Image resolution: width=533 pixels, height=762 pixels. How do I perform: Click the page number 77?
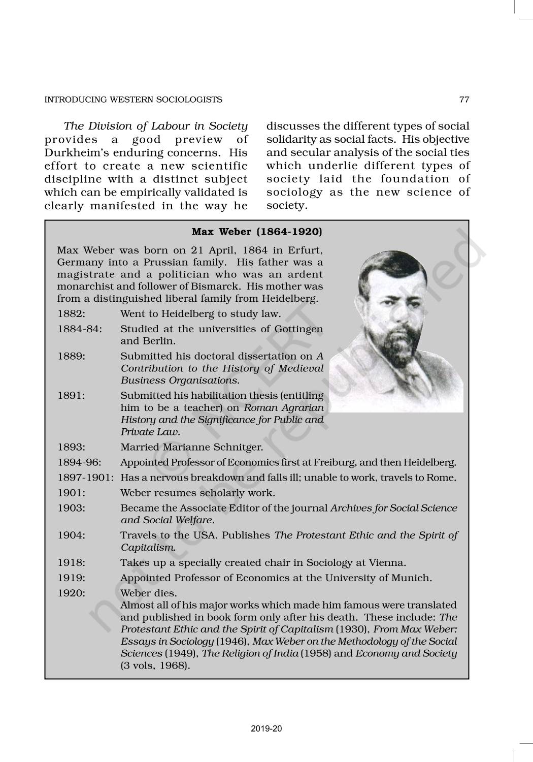click(x=464, y=100)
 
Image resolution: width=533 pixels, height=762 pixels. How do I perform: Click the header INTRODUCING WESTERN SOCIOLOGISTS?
click(x=134, y=100)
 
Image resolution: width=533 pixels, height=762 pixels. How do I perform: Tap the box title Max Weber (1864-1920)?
click(x=257, y=232)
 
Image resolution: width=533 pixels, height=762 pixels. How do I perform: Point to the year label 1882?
click(x=71, y=314)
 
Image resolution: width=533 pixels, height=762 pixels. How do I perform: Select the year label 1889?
click(x=71, y=356)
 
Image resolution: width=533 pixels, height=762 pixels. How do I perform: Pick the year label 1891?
click(x=71, y=395)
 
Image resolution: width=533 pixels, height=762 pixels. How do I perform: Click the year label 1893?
click(x=71, y=447)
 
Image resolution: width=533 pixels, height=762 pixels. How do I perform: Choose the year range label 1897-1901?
click(x=86, y=478)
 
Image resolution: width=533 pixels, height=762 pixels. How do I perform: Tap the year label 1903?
click(x=71, y=508)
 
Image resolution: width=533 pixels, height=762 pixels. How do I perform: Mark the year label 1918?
click(x=71, y=562)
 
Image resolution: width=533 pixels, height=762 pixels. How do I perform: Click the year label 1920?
click(x=71, y=593)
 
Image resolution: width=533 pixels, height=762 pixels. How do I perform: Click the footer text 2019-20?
click(x=266, y=728)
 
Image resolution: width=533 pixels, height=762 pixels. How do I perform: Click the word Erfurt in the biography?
click(x=306, y=250)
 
